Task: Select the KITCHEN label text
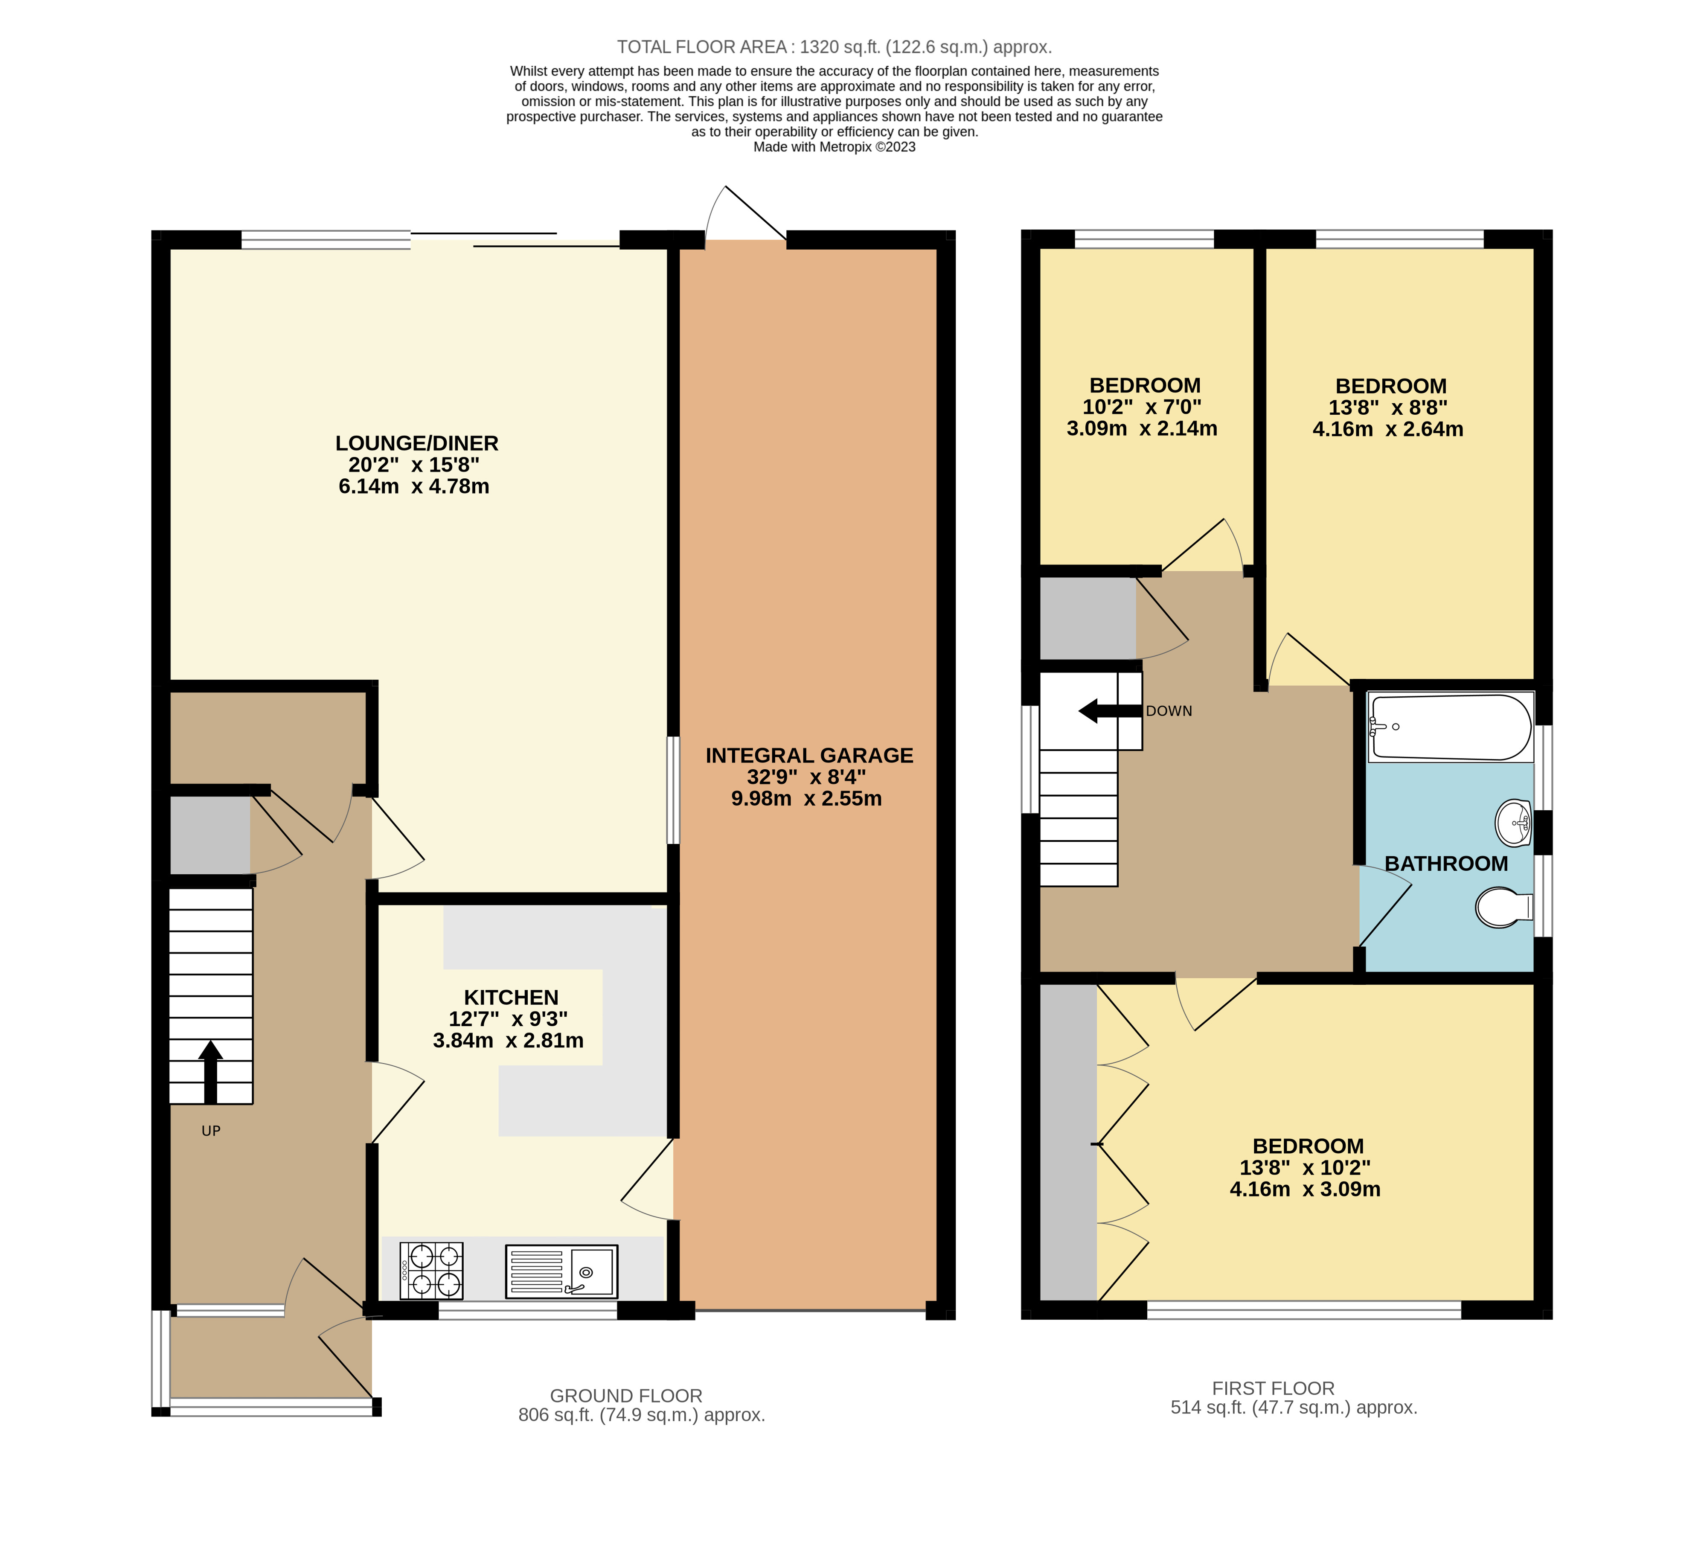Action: click(x=511, y=998)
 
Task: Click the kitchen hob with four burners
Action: click(x=431, y=1271)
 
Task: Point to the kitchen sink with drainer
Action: click(x=561, y=1271)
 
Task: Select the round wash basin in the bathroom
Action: click(x=1513, y=823)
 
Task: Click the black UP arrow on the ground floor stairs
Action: click(x=210, y=1072)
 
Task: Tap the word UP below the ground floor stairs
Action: click(x=211, y=1131)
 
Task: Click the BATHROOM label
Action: click(x=1446, y=864)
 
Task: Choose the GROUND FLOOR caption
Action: click(x=626, y=1396)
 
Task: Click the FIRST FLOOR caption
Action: click(x=1273, y=1388)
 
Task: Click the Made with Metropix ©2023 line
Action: click(x=834, y=147)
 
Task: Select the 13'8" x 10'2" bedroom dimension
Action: click(x=1304, y=1167)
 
